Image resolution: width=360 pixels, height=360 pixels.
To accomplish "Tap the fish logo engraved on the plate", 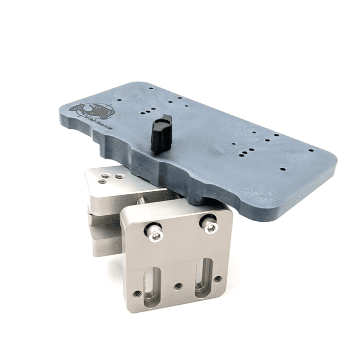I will [x=96, y=109].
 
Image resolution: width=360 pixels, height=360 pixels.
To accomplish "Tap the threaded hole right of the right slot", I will [x=218, y=278].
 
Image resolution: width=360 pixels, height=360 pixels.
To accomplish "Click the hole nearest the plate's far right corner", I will [x=310, y=151].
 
